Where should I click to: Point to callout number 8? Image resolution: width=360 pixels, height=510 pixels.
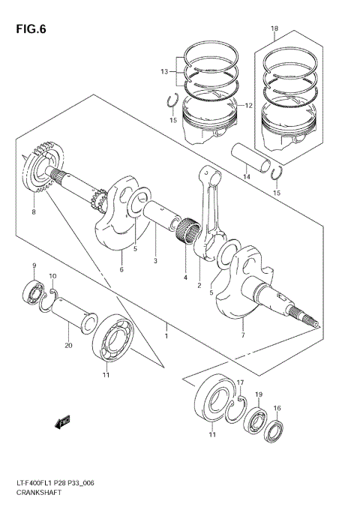(x=33, y=212)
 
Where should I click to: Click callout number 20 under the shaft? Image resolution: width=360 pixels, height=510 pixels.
(x=68, y=346)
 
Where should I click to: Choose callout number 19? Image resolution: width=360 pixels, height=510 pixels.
(x=258, y=394)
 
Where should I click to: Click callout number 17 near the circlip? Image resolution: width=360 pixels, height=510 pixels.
(x=241, y=384)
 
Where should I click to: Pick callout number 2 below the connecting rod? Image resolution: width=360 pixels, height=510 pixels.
(x=199, y=285)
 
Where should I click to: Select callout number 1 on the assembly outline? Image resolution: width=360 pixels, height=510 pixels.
(x=166, y=326)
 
